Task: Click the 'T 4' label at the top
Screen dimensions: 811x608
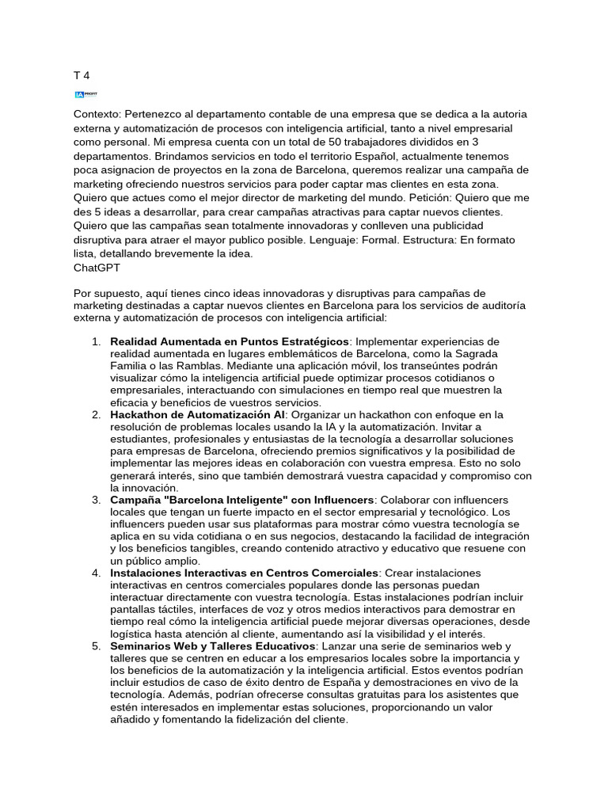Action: coord(81,75)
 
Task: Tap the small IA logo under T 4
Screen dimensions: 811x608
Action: coord(85,94)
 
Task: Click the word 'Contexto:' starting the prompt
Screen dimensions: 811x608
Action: coord(97,114)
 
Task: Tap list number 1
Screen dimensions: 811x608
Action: coord(95,341)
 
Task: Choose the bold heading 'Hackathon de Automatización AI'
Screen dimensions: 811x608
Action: coord(196,415)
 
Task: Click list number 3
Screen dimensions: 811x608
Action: coord(95,501)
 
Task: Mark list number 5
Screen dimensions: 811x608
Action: coord(95,647)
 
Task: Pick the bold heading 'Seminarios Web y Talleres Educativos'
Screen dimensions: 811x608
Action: coord(213,647)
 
